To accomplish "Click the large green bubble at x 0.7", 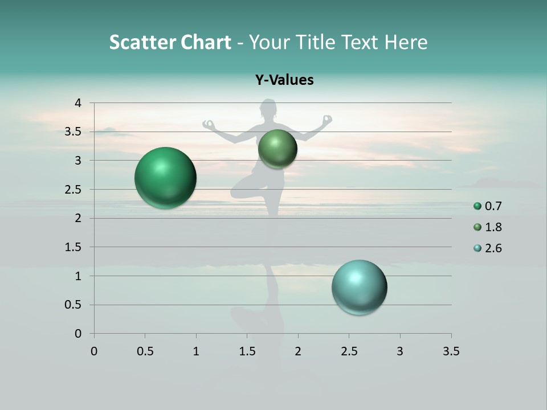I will (x=166, y=178).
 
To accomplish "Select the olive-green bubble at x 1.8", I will (x=277, y=149).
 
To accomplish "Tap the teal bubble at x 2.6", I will (x=360, y=287).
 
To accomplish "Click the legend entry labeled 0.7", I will (x=493, y=206).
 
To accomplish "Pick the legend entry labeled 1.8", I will (x=493, y=227).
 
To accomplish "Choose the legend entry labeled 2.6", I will (x=493, y=248).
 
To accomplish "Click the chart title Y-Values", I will (x=284, y=80).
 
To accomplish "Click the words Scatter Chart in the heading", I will (x=170, y=42).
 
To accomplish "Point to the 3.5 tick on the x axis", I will (x=451, y=351).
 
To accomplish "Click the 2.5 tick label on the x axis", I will (x=349, y=351).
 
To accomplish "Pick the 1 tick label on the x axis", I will (x=196, y=351).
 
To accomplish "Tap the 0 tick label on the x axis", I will (x=94, y=351).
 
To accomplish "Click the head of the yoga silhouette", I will (x=268, y=109).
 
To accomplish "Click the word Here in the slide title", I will (x=405, y=42).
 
